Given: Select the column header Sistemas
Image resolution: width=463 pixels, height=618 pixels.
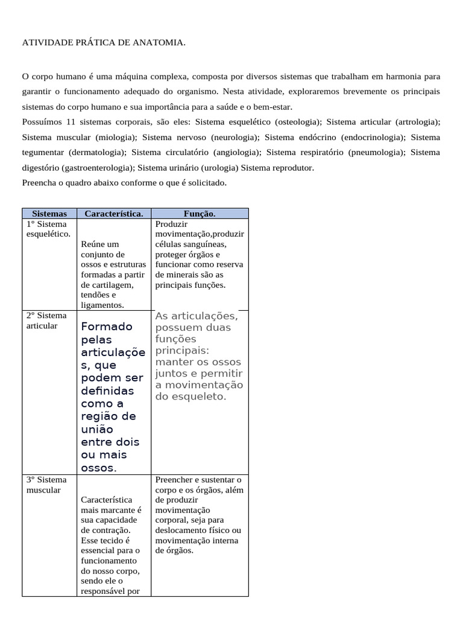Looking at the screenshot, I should coord(49,214).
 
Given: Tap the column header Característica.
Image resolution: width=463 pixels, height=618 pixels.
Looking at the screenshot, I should coord(114,214).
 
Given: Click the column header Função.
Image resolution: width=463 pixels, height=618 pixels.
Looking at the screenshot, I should coord(200,214).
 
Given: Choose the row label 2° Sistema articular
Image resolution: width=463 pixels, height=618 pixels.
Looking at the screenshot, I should coord(46,320).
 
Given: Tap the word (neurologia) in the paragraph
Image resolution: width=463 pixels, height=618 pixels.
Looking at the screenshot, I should coord(235,137).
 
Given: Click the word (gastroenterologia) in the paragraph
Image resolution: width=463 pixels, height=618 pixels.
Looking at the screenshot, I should coord(97,168).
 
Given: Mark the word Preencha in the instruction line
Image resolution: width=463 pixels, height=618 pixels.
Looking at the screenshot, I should coord(40,183).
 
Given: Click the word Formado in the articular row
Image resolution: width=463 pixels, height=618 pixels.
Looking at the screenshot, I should coord(106,327).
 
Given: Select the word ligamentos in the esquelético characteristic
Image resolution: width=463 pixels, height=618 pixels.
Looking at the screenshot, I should coord(98,305).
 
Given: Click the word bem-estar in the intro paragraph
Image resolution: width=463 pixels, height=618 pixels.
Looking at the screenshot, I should coord(272,107).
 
